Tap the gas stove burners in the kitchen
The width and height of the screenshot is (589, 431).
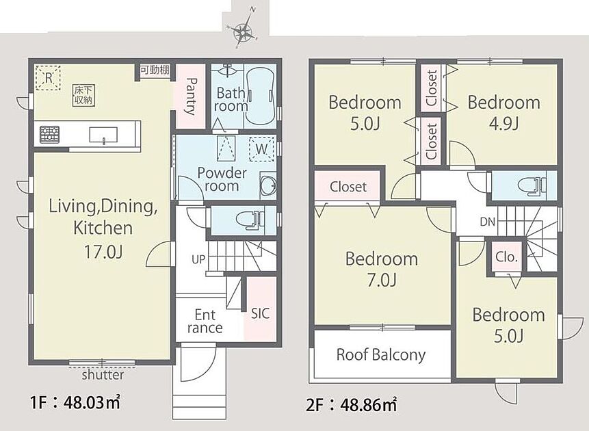coord(49,134)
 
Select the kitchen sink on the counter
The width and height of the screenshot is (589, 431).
coord(103,135)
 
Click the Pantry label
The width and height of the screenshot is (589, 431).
coord(191,96)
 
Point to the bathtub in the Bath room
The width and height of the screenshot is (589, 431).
coord(261,96)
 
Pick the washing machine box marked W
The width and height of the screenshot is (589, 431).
coord(261,149)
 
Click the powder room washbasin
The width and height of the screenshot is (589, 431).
coord(269,185)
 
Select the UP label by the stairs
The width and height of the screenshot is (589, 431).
coord(198,259)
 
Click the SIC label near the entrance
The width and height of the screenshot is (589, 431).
coord(261,313)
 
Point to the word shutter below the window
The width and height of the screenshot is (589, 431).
coord(103,375)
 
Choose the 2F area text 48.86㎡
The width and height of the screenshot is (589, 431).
coord(369,405)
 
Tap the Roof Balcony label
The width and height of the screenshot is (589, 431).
coord(381,355)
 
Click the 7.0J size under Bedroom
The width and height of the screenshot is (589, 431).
coord(382,280)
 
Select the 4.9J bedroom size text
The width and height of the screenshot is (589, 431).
coord(503,123)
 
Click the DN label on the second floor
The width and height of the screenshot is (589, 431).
coord(488,222)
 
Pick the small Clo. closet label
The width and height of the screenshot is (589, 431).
coord(507,257)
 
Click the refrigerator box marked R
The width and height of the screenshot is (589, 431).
coord(48,78)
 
